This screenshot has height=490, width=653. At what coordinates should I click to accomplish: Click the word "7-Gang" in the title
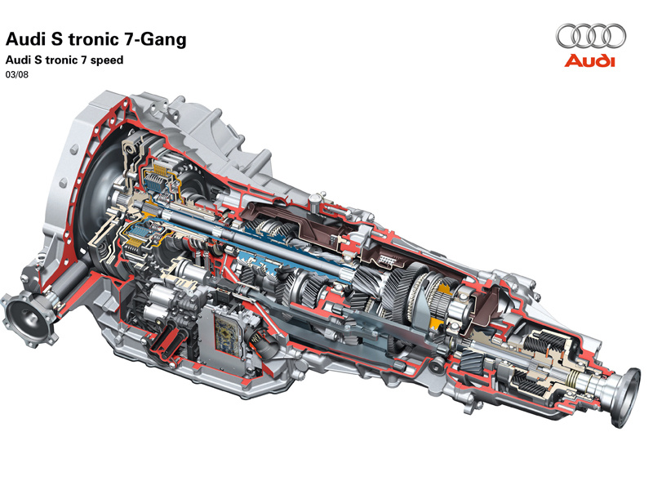coord(154,39)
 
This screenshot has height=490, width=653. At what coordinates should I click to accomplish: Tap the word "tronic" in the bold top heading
coord(93,39)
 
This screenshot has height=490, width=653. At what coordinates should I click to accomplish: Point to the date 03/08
coord(16,75)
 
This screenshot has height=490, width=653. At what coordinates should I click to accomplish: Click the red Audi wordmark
coord(589,60)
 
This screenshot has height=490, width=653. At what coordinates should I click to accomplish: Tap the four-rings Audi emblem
coord(590,36)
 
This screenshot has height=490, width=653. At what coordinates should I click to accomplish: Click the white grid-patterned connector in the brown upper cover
coord(387,261)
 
